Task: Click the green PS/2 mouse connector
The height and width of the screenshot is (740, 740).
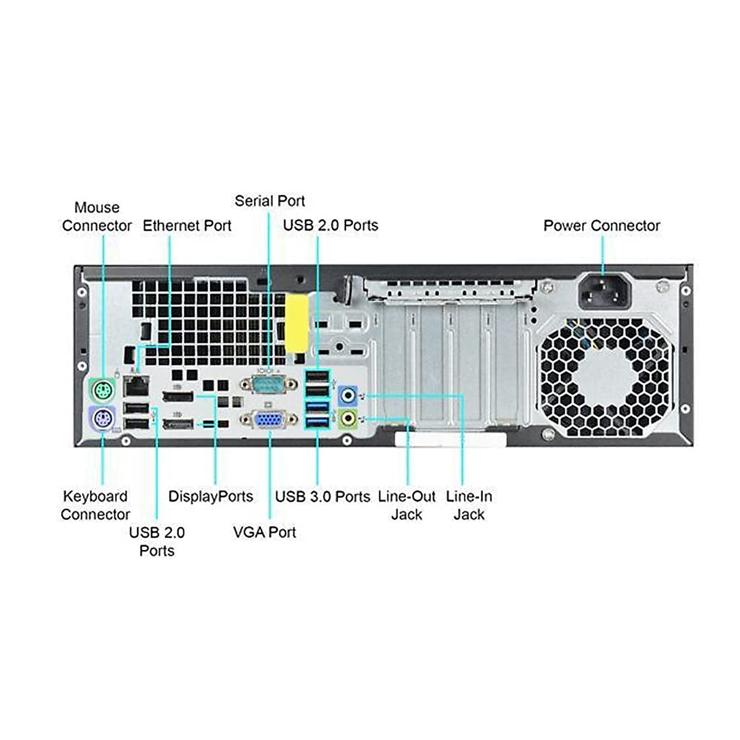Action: pyautogui.click(x=101, y=391)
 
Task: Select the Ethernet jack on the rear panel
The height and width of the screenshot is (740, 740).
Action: pyautogui.click(x=136, y=386)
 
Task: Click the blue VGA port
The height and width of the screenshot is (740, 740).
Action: pyautogui.click(x=268, y=420)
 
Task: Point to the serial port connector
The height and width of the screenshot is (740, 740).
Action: pyautogui.click(x=268, y=384)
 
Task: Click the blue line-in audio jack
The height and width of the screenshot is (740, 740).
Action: pyautogui.click(x=348, y=395)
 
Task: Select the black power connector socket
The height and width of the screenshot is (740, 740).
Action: pyautogui.click(x=605, y=290)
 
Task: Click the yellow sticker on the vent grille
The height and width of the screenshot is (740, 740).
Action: pyautogui.click(x=297, y=323)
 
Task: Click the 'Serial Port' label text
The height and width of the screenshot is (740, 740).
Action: pyautogui.click(x=269, y=201)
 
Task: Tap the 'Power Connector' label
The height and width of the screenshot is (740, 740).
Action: pyautogui.click(x=602, y=226)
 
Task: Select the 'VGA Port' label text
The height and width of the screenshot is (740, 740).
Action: pyautogui.click(x=265, y=532)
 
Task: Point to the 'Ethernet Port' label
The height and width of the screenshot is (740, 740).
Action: pyautogui.click(x=187, y=226)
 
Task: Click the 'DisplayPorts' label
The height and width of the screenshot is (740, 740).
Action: pyautogui.click(x=211, y=496)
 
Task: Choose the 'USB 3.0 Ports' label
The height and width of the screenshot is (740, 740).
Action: pyautogui.click(x=323, y=496)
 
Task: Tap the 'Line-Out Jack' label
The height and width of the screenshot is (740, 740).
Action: pyautogui.click(x=406, y=506)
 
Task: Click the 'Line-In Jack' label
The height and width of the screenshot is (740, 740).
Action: pyautogui.click(x=469, y=506)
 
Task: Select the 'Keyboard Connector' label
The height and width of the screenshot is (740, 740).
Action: pyautogui.click(x=95, y=506)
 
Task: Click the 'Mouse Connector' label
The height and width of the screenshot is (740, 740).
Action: pyautogui.click(x=97, y=216)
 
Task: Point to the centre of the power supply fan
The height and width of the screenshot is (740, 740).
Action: pyautogui.click(x=605, y=377)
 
